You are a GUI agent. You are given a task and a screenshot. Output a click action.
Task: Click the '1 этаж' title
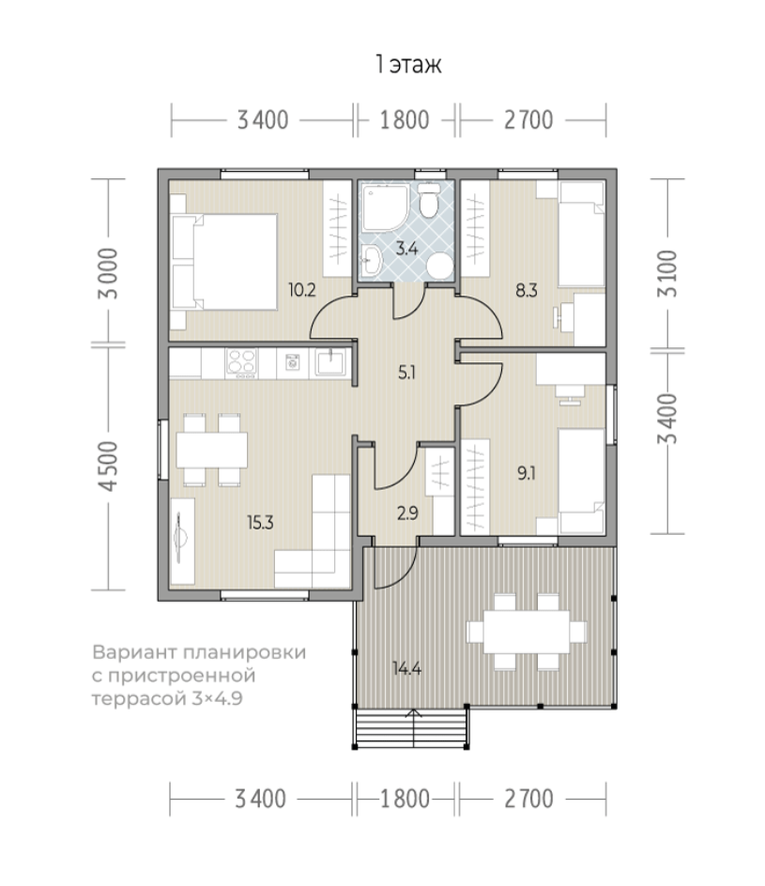pyautogui.click(x=408, y=65)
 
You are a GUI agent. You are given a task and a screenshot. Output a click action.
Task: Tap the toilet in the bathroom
pyautogui.click(x=429, y=200)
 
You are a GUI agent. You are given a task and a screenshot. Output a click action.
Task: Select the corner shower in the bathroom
pyautogui.click(x=385, y=206)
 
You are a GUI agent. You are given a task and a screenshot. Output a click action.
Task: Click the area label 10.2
pyautogui.click(x=301, y=290)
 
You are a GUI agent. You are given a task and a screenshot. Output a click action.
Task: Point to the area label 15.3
pyautogui.click(x=260, y=522)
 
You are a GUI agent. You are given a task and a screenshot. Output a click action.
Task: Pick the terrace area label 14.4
pyautogui.click(x=406, y=668)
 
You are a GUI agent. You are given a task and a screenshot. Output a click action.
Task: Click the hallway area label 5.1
pyautogui.click(x=406, y=373)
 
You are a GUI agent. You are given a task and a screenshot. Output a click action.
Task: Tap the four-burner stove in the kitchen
pyautogui.click(x=241, y=363)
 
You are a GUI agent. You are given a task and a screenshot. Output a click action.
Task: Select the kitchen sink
pyautogui.click(x=330, y=362)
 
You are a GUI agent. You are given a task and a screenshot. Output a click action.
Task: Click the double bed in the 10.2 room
pyautogui.click(x=224, y=262)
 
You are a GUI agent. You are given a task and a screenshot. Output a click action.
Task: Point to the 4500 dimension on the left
pyautogui.click(x=108, y=466)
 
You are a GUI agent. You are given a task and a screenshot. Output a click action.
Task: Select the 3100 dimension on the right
pyautogui.click(x=668, y=273)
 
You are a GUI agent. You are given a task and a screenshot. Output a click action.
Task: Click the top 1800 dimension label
pyautogui.click(x=405, y=120)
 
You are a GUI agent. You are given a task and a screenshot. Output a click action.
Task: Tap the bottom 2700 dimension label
pyautogui.click(x=528, y=799)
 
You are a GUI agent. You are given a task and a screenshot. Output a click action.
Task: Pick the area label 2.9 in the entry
pyautogui.click(x=407, y=513)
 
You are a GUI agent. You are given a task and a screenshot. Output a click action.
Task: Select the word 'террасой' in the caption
pyautogui.click(x=138, y=699)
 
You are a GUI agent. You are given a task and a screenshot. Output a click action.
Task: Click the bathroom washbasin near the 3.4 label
pyautogui.click(x=371, y=260)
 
